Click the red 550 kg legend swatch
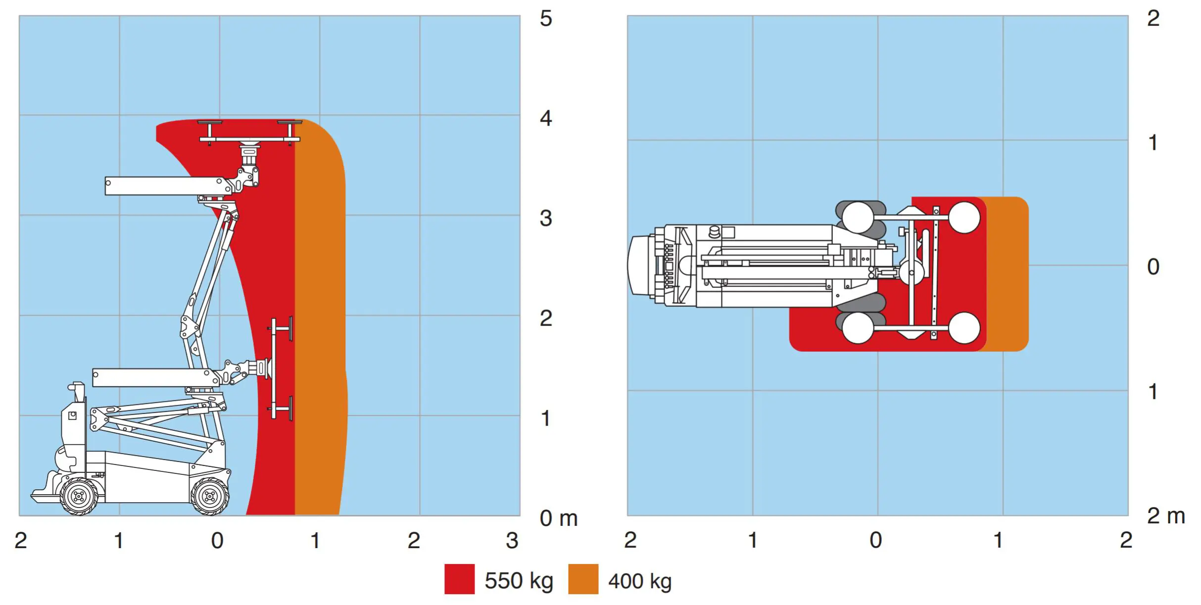pyautogui.click(x=459, y=579)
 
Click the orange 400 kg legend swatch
pyautogui.click(x=583, y=579)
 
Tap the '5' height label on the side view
pyautogui.click(x=545, y=19)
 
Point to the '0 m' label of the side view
pyautogui.click(x=558, y=518)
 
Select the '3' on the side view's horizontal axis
pyautogui.click(x=512, y=541)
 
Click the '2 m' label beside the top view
pyautogui.click(x=1165, y=516)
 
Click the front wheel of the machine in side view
pyautogui.click(x=210, y=496)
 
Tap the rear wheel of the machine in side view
pyautogui.click(x=79, y=496)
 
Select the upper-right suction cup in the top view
pyautogui.click(x=964, y=217)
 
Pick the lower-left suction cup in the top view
pyautogui.click(x=858, y=328)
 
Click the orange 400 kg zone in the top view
pyautogui.click(x=1008, y=274)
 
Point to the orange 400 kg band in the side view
pyautogui.click(x=320, y=322)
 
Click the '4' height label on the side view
pyautogui.click(x=545, y=119)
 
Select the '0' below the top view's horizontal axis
pyautogui.click(x=875, y=540)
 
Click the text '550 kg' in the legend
pyautogui.click(x=518, y=581)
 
